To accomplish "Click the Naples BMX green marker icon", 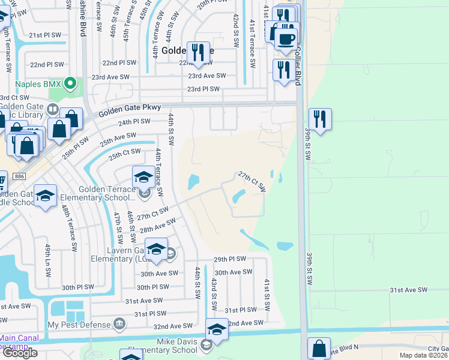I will click(x=71, y=83).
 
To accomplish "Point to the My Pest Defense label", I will click(x=79, y=325).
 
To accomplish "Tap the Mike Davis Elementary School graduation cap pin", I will click(x=217, y=329).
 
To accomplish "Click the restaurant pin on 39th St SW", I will click(x=320, y=120).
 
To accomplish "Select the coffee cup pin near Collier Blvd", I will click(x=286, y=40).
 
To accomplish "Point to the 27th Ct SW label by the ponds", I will click(x=252, y=181).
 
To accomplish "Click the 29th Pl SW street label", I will click(x=230, y=259).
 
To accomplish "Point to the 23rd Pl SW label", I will click(x=203, y=89).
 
